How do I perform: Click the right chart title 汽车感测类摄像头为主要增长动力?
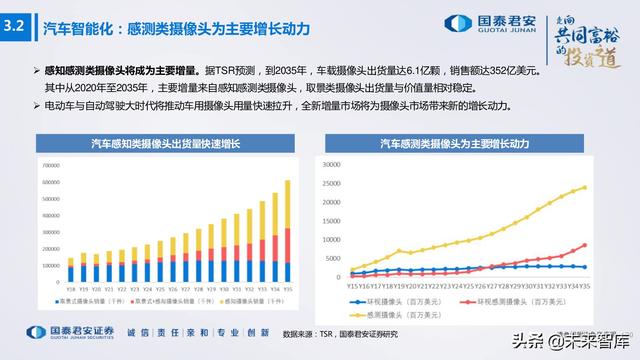(472, 145)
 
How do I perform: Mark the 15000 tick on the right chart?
(331, 219)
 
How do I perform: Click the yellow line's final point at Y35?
(612, 186)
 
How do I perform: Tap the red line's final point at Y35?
(612, 245)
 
